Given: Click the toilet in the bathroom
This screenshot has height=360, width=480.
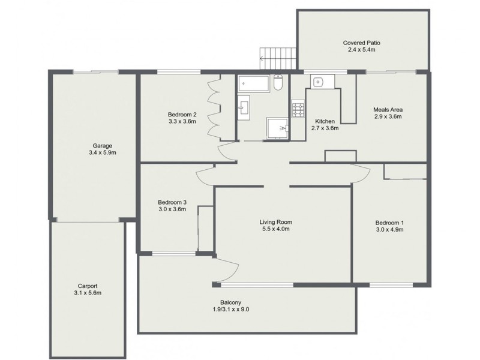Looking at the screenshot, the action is tap(278, 82).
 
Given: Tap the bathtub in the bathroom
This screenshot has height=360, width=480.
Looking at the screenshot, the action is tap(254, 83).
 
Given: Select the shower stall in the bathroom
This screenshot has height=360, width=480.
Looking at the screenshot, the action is tap(278, 128).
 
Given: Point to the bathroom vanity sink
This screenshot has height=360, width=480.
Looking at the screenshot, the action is tap(244, 107).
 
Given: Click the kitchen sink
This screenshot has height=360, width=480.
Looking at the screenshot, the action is tap(318, 82).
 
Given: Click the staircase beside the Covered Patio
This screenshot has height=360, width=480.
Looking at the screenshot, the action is tap(278, 58).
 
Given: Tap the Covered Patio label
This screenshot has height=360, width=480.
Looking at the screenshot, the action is tap(362, 43).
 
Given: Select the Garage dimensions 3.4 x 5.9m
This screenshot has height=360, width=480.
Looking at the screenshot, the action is tap(103, 152).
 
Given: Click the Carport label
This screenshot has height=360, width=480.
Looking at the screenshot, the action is tap(88, 286).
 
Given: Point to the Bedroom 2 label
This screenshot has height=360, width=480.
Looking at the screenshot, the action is tap(182, 115).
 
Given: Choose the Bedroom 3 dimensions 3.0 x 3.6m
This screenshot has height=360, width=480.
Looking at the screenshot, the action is tap(172, 209).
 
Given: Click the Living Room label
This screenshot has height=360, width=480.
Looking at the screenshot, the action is tap(276, 222).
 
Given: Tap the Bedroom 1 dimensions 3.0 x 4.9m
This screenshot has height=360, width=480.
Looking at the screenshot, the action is tap(389, 230).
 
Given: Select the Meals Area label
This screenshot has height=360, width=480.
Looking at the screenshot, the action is tap(388, 110).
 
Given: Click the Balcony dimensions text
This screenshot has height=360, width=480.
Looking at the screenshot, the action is tap(231, 309).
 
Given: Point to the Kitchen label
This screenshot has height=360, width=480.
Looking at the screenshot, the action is tap(325, 121).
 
